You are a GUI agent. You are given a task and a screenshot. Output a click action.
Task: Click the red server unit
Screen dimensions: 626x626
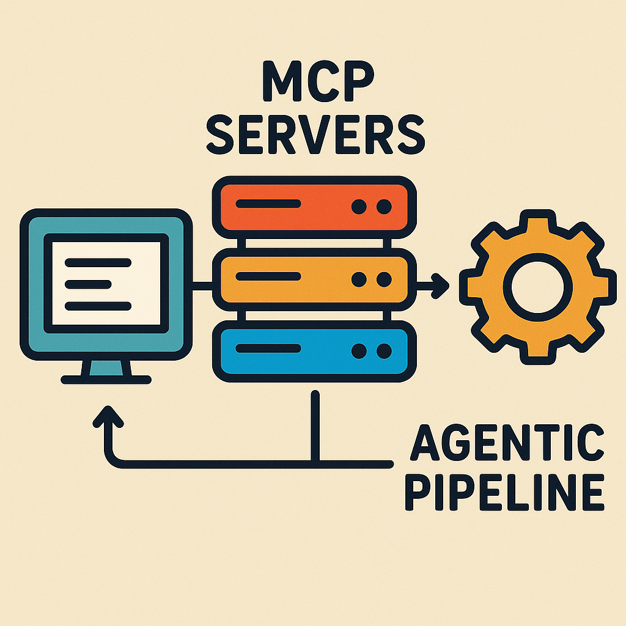(314, 207)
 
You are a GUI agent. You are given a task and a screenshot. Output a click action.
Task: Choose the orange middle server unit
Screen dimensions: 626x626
(314, 279)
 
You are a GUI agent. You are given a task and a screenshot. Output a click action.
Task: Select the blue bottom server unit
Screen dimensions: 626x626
(314, 350)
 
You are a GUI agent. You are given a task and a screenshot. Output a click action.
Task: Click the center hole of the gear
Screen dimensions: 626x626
(538, 286)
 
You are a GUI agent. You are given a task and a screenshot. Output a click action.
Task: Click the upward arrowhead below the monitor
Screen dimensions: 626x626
(109, 418)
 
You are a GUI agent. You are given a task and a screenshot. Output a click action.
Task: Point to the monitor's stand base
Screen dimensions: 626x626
(106, 379)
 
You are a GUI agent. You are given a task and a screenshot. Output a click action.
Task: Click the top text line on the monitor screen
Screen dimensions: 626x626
(98, 263)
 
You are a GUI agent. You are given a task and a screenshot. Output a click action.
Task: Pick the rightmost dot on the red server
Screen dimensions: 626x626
(384, 207)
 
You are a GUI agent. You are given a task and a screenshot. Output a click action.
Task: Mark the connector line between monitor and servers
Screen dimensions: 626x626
(203, 283)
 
